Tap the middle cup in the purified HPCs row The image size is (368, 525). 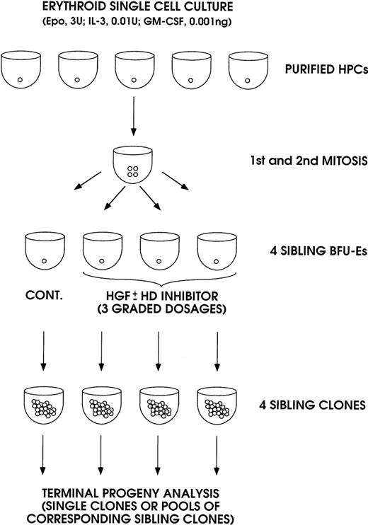coord(135,69)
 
